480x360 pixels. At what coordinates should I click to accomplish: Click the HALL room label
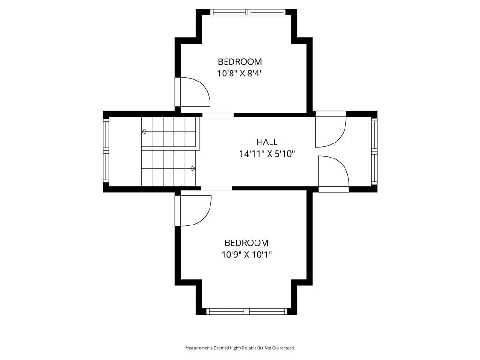pos(267,142)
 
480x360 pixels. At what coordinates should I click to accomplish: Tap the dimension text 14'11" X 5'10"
pos(267,154)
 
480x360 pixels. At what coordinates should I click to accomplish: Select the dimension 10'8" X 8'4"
pos(240,74)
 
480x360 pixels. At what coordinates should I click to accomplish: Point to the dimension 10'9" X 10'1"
pos(247,255)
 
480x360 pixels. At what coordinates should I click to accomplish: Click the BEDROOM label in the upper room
pos(240,61)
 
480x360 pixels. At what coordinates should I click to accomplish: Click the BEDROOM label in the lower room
pos(247,243)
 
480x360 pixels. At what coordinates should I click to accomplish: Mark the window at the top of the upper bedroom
pos(248,12)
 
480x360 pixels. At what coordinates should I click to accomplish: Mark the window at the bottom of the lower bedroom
pos(247,312)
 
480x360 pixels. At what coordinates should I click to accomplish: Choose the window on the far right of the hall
pos(375,151)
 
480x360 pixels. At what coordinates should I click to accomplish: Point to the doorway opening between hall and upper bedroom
pos(218,115)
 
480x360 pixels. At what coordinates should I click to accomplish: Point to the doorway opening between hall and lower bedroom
pos(217,188)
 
